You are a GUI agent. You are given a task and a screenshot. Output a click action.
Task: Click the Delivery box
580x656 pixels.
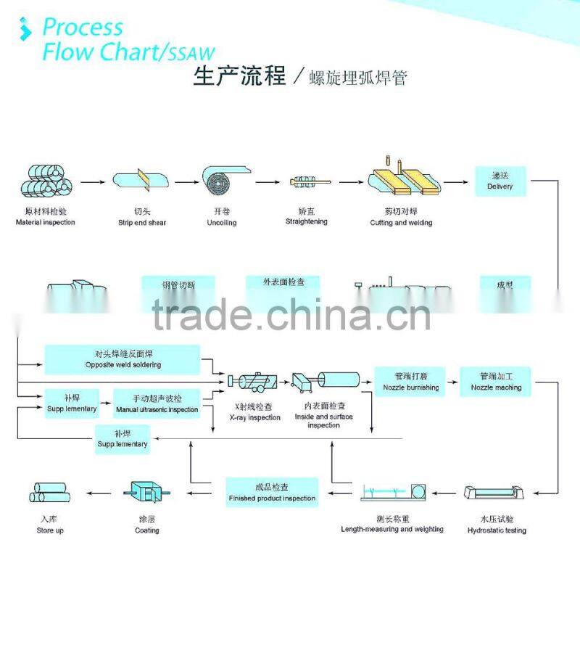(x=500, y=181)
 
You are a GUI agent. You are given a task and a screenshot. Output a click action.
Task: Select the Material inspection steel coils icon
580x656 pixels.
(x=45, y=182)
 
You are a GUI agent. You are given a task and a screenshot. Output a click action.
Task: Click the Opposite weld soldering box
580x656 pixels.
(x=123, y=359)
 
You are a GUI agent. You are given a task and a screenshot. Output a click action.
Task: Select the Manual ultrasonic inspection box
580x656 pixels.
(x=157, y=404)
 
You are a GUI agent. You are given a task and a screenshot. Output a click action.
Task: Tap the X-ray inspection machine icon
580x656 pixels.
(x=252, y=382)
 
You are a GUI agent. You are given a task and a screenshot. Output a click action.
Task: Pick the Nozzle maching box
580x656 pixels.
(x=496, y=382)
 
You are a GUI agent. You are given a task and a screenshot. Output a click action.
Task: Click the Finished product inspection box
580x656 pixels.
(x=272, y=493)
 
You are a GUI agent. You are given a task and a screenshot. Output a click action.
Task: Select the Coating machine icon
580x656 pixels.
(x=147, y=493)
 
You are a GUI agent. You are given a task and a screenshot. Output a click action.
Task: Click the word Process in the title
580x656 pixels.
(x=83, y=28)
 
